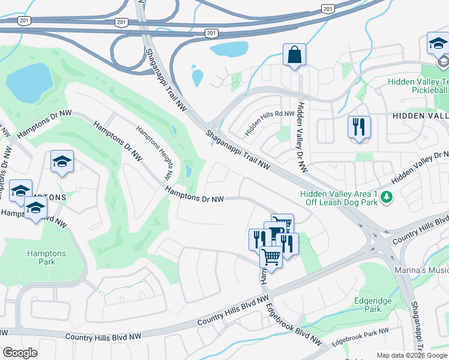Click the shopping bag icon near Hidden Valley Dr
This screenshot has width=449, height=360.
(294, 55)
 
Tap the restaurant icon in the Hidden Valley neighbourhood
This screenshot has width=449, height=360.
(359, 127)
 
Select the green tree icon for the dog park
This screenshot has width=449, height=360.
(387, 196)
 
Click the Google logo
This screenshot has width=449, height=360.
(20, 353)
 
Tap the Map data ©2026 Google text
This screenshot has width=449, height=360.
(411, 355)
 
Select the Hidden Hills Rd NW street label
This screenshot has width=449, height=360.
(270, 123)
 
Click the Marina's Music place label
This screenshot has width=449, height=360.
(421, 271)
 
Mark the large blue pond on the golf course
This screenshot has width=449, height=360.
(29, 82)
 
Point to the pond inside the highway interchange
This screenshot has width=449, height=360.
(229, 49)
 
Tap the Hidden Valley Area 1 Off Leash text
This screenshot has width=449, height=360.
(339, 198)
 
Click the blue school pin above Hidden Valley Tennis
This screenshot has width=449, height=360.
(438, 43)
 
